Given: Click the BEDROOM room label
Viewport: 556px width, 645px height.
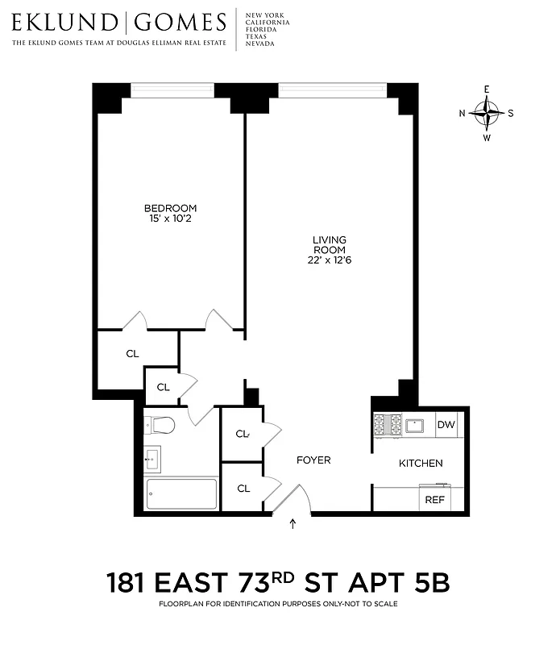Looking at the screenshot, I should point(169,208).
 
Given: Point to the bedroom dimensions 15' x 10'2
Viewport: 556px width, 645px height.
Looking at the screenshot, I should point(169,219).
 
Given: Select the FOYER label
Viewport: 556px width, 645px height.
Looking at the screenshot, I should point(313,460).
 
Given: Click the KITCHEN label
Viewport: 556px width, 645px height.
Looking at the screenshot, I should point(421,463).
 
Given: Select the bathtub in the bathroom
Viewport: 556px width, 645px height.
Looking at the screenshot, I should point(180,493).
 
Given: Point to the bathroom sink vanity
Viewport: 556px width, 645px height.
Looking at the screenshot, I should point(152,459).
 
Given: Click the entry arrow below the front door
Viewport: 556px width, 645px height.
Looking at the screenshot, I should point(293,525).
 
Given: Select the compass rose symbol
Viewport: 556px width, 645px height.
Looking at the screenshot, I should point(487,114).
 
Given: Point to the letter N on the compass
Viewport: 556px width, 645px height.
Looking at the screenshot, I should point(462,114).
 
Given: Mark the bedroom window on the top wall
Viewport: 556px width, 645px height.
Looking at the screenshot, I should point(172,90).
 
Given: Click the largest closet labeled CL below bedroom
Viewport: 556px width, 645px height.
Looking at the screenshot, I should point(132,353).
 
